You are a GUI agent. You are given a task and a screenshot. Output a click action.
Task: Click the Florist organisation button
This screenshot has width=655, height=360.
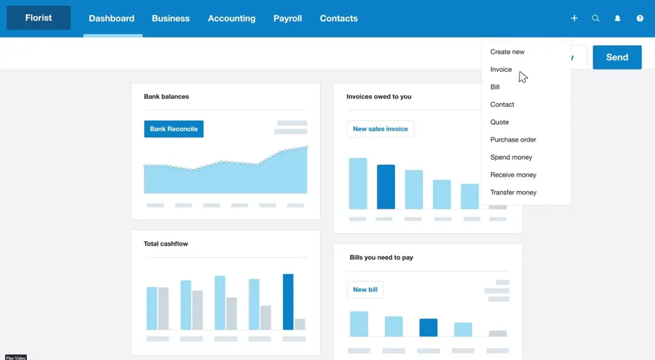[x=38, y=18]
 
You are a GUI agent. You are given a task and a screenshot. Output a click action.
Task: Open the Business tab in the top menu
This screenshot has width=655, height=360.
[x=171, y=19]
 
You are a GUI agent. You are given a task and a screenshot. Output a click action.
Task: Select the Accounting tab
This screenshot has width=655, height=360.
[x=231, y=19]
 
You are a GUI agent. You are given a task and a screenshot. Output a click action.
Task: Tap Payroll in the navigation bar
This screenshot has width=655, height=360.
[x=288, y=19]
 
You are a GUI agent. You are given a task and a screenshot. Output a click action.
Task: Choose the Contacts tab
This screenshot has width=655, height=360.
[x=338, y=19]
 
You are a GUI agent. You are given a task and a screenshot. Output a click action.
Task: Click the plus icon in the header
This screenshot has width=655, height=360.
[x=574, y=19]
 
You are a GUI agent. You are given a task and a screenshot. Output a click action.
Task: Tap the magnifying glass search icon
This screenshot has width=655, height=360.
[x=596, y=19]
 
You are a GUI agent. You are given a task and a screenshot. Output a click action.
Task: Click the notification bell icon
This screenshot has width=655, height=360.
[x=618, y=19]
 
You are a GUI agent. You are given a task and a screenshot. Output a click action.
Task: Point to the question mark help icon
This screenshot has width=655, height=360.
[x=640, y=19]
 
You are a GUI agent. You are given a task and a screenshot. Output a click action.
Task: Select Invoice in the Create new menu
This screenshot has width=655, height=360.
[x=501, y=69]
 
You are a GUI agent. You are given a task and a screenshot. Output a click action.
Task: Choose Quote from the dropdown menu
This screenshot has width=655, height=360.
[x=499, y=122]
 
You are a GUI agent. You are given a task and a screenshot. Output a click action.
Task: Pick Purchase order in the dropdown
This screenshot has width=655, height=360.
[x=513, y=140]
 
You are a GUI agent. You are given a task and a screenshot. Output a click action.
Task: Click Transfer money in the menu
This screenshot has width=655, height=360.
[x=513, y=193]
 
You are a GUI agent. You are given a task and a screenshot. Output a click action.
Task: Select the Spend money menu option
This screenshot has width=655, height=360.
[x=511, y=157]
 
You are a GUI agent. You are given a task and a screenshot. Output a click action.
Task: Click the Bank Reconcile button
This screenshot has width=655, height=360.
[x=174, y=129]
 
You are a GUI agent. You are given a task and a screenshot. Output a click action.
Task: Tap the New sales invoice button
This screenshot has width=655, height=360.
[x=380, y=129]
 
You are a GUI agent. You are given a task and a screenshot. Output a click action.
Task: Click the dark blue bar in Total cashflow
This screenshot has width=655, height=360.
[x=288, y=302]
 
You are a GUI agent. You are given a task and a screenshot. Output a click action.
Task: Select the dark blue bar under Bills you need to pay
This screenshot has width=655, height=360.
[x=428, y=327]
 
